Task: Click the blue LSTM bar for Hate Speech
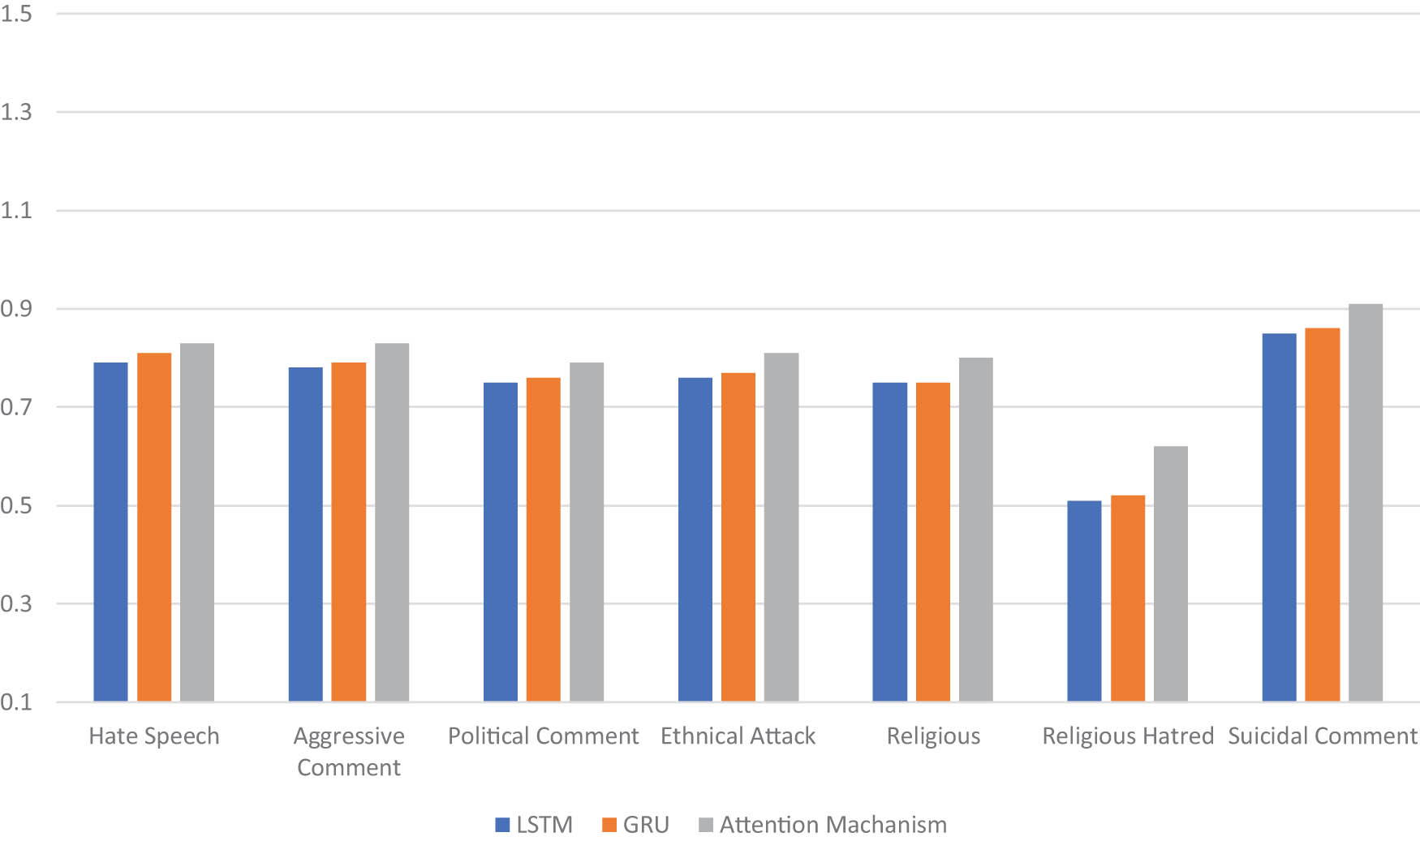tap(110, 531)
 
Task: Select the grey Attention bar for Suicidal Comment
tap(1366, 503)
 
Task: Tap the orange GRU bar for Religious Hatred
tap(1128, 599)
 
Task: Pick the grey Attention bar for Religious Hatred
tap(1171, 573)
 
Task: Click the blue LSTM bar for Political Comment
tap(501, 542)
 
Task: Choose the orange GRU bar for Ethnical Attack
tap(738, 537)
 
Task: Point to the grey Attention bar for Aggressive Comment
tap(392, 522)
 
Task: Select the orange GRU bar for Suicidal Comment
tap(1323, 514)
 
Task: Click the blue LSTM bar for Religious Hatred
tap(1084, 601)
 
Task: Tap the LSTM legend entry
tap(534, 825)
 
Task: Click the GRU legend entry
tap(636, 825)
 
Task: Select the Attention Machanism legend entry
tap(823, 825)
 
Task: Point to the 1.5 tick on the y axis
tap(16, 14)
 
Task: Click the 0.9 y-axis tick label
tap(16, 309)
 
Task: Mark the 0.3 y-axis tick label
tap(16, 604)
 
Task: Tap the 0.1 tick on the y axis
tap(16, 702)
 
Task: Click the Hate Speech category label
tap(154, 736)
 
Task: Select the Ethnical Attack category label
tap(738, 736)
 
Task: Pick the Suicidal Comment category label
tap(1322, 736)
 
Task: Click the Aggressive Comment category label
tap(349, 752)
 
